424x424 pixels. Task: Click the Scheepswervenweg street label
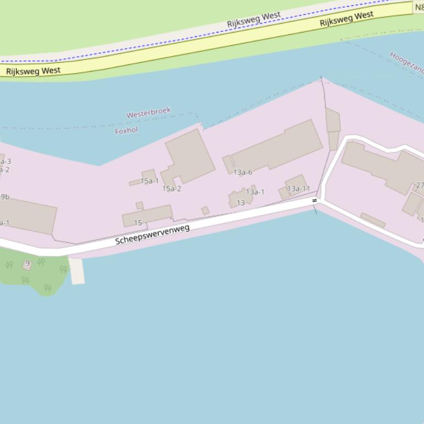[x=153, y=235]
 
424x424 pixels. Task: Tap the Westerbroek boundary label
[x=149, y=113]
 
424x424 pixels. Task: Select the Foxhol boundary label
[x=126, y=131]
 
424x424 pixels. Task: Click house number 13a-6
[x=242, y=172]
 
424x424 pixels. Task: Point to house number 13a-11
[x=298, y=189]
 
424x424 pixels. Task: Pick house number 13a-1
[x=255, y=192]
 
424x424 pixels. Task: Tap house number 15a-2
[x=171, y=189]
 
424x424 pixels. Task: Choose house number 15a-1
[x=149, y=181]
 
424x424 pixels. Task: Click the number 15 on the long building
[x=138, y=223]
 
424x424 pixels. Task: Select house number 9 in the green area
[x=28, y=264]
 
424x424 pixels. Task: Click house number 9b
[x=4, y=197]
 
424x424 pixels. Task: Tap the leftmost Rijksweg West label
[x=33, y=71]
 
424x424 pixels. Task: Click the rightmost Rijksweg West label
[x=346, y=19]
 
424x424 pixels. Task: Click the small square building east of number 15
[x=205, y=210]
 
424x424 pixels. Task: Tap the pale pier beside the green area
[x=77, y=271]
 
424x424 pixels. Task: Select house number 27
[x=420, y=186]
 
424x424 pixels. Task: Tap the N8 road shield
[x=418, y=8]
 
